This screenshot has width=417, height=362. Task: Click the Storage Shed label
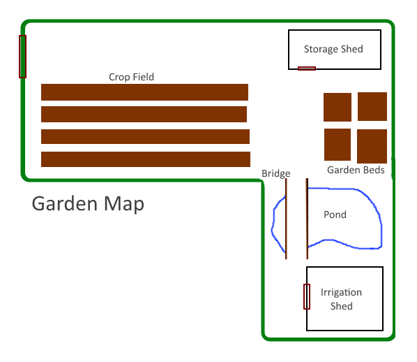[333, 50]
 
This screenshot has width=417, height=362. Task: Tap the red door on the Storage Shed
[307, 68]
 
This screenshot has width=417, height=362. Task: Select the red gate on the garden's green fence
[22, 57]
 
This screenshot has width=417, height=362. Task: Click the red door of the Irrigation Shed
[307, 297]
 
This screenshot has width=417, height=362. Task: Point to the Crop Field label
[131, 77]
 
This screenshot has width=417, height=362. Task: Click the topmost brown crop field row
[144, 92]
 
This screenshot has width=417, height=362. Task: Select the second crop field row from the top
[144, 114]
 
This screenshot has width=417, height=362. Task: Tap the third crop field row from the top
[145, 136]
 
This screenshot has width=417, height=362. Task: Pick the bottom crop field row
[146, 159]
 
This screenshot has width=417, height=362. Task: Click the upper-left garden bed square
[338, 107]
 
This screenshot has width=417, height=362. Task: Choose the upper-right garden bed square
[372, 107]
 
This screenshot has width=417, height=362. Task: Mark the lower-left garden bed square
[338, 145]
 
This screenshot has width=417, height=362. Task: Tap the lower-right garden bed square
[372, 146]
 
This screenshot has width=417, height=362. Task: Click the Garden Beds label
[356, 170]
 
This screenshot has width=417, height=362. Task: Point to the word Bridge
[276, 173]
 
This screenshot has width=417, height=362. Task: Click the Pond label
[335, 215]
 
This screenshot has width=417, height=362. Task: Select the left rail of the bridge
[286, 219]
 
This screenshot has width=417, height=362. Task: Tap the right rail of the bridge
[307, 219]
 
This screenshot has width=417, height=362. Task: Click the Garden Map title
[88, 203]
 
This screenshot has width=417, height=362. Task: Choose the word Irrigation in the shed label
[341, 293]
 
